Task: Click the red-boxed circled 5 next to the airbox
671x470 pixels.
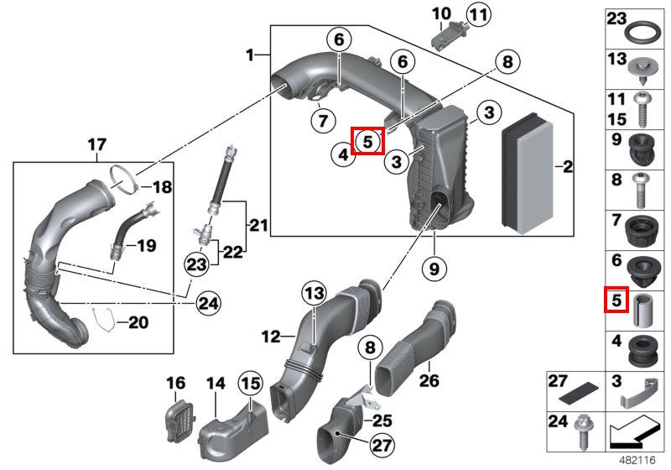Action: coord(367,141)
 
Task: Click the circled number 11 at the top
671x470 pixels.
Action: coord(478,14)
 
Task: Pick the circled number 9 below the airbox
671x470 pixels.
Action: coord(435,269)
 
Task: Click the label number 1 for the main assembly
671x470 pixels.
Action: coord(250,55)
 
